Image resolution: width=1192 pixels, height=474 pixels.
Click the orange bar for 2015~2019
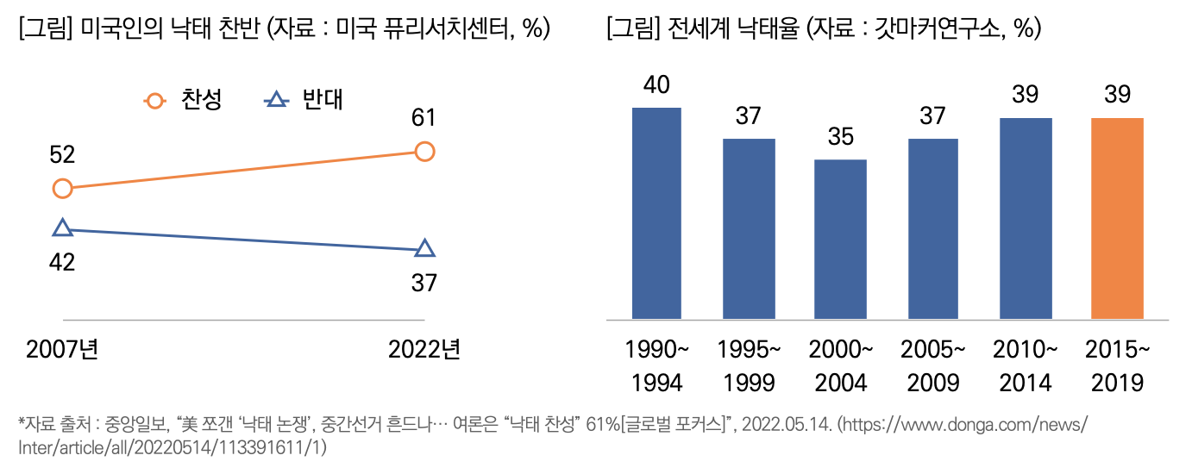click(x=1117, y=218)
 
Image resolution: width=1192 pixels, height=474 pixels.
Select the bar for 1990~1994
click(x=656, y=213)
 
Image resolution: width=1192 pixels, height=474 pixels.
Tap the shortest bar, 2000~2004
click(x=840, y=239)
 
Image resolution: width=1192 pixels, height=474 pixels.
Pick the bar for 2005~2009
click(x=932, y=228)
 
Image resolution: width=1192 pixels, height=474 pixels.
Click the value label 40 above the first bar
click(x=656, y=85)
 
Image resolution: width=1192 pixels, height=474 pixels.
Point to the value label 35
click(x=840, y=137)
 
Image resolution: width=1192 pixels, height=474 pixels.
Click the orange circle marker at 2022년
click(x=424, y=152)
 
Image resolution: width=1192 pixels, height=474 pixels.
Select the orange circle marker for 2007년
click(x=62, y=189)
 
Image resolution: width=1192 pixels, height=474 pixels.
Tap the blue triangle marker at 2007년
click(x=62, y=228)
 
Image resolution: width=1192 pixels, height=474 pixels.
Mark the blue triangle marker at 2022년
click(x=424, y=249)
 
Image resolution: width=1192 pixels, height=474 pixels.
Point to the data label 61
click(x=423, y=118)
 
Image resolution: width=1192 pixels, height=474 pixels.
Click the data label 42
click(x=62, y=262)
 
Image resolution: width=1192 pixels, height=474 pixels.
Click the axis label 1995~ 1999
click(x=749, y=365)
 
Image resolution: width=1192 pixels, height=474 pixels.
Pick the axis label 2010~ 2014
click(x=1025, y=365)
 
